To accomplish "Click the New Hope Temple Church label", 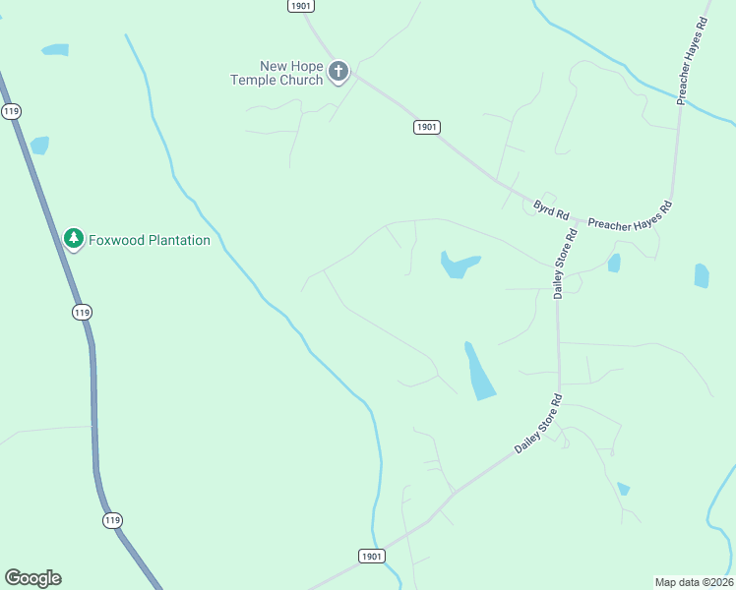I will point(276,73).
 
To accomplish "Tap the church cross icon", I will point(338,71).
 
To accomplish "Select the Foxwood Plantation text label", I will point(150,240).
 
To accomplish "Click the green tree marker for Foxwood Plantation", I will point(73,238).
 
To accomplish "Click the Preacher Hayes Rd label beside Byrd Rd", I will point(630,215).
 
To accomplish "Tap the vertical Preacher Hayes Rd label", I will point(693,60).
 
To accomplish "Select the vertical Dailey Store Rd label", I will point(564,263).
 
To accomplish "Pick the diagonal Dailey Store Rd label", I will point(537,424).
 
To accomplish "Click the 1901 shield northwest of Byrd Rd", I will point(426,127).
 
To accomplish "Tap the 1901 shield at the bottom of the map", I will point(370,556).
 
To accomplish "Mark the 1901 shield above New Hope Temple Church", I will point(301,6).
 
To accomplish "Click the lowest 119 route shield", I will point(113,519).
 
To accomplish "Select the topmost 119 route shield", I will point(11,111).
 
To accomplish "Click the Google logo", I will point(32,578).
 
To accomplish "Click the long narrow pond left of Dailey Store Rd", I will point(479,371).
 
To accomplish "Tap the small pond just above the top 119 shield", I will point(39,146).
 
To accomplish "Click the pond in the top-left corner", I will point(55,49).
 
